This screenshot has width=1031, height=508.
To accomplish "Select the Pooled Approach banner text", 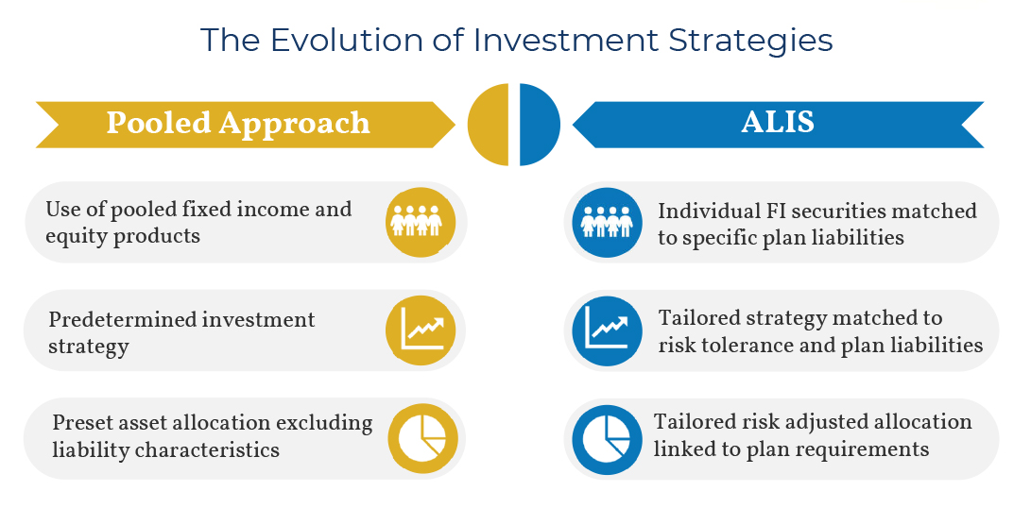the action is coord(238,124).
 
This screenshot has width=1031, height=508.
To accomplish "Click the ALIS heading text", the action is coord(778,122).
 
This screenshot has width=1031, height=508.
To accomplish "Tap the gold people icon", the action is coord(416,222).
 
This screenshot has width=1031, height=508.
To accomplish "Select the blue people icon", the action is coord(607,222).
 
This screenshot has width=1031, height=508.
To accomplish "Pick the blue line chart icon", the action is coord(607,330).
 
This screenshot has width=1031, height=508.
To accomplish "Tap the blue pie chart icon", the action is coord(607,438).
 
